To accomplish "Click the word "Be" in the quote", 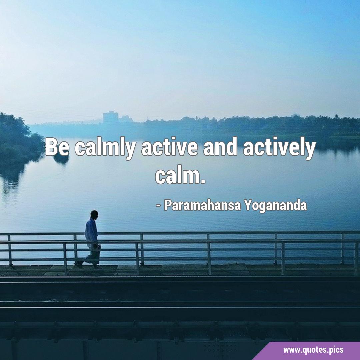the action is point(57,147).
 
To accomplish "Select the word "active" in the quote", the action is point(169,147).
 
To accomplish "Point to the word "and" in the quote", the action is point(220,147).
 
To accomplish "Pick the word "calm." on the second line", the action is point(180,174).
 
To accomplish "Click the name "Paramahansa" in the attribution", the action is point(202,205).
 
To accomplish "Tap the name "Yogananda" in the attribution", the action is point(275,206).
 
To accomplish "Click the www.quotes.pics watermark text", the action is point(313,350).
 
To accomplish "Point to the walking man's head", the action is point(94,215).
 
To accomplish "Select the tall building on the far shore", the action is point(110,117).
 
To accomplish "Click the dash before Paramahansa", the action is point(158,206).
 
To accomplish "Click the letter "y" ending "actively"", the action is point(311,151).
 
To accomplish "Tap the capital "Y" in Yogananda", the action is point(247,205).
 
